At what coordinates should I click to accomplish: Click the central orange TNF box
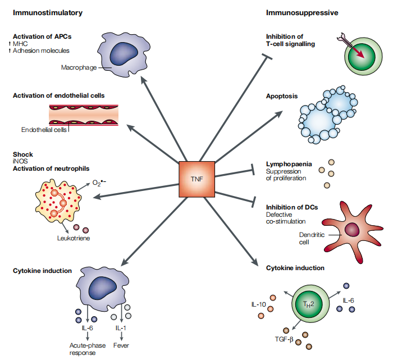tap(196, 179)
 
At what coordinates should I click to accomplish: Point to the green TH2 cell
tap(308, 304)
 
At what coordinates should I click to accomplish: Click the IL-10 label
tap(259, 304)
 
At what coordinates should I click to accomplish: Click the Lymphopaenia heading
tap(288, 163)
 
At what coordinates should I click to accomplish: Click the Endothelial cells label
tap(44, 130)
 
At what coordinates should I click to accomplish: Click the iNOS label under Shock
tap(21, 161)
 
